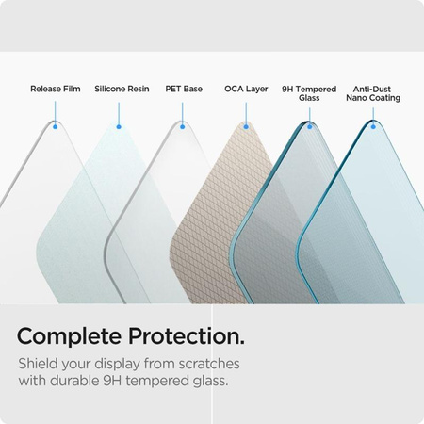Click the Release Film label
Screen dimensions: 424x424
[56, 89]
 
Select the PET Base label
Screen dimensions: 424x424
[184, 89]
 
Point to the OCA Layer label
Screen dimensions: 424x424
[246, 89]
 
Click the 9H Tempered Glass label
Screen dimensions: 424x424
[309, 93]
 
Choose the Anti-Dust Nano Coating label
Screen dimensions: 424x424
[373, 93]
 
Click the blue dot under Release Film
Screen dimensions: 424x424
[56, 126]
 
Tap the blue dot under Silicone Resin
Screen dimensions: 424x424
[119, 126]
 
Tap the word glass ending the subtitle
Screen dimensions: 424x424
[207, 382]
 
